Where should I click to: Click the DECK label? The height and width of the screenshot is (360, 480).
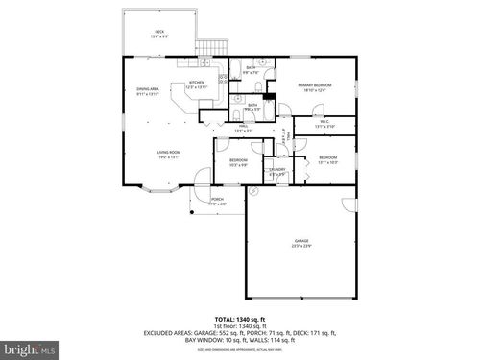tap(159, 32)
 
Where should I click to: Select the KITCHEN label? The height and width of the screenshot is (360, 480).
tap(197, 83)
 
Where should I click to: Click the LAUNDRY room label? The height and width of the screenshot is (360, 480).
tap(276, 170)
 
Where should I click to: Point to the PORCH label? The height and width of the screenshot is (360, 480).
tap(217, 200)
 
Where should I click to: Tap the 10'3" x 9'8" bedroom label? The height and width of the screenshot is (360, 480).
tap(238, 160)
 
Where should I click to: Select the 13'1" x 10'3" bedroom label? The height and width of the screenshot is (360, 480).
tap(327, 157)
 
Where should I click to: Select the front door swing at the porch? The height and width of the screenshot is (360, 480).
tap(201, 177)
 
